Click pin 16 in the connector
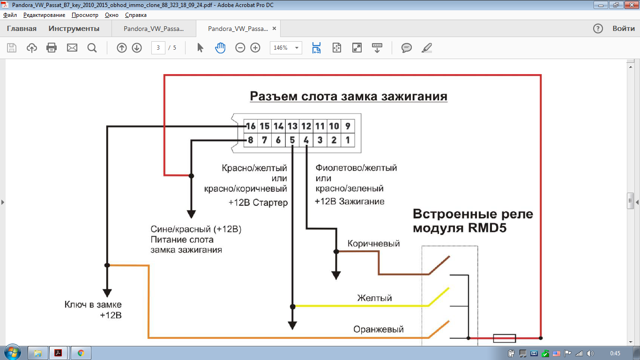click(x=251, y=126)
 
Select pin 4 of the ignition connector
click(x=306, y=140)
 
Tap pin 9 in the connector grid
click(x=348, y=126)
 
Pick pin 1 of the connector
click(x=348, y=140)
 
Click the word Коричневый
click(x=373, y=244)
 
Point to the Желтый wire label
click(x=374, y=298)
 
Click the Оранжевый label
click(x=379, y=330)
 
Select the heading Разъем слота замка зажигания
click(x=349, y=96)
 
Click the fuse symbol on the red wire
click(x=505, y=338)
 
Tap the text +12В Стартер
click(x=258, y=203)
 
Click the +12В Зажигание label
click(x=350, y=202)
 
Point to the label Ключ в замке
click(x=93, y=305)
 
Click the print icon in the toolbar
click(x=52, y=48)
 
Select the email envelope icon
click(x=72, y=48)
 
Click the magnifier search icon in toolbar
click(x=92, y=48)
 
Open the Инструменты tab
click(x=74, y=29)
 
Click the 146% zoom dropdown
click(x=286, y=48)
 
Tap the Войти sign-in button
click(x=624, y=29)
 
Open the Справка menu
click(x=136, y=15)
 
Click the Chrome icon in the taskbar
click(x=81, y=353)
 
